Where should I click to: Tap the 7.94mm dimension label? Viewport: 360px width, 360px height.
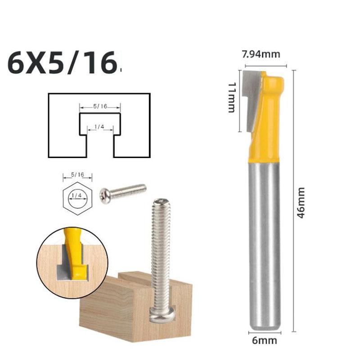(x=261, y=54)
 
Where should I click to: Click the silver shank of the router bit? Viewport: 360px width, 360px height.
(x=264, y=243)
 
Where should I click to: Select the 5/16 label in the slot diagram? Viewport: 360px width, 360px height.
(x=100, y=106)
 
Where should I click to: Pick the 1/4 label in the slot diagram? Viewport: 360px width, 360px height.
(x=100, y=127)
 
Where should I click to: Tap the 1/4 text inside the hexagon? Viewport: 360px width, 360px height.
(x=76, y=195)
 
